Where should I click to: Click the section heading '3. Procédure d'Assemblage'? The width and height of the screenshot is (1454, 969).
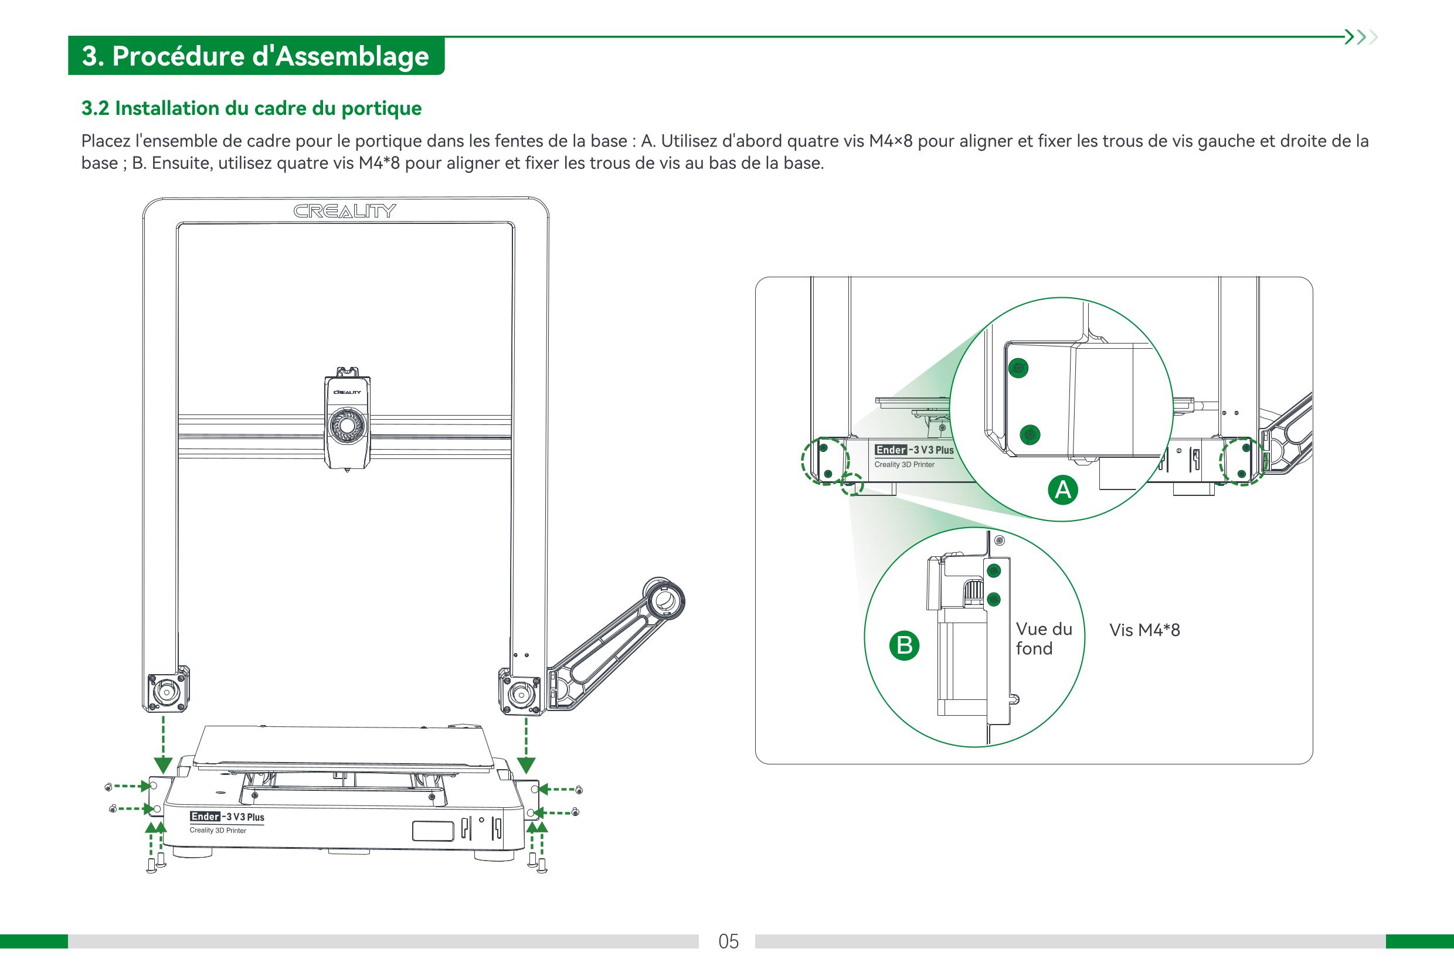tap(255, 56)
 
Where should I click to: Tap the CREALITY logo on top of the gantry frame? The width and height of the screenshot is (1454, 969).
tap(344, 212)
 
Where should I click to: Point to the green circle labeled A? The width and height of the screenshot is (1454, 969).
tap(1062, 489)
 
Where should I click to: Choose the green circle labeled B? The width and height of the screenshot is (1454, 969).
tap(904, 645)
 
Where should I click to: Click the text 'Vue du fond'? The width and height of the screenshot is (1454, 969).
tap(1044, 638)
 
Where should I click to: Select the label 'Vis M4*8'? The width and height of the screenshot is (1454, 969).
tap(1144, 630)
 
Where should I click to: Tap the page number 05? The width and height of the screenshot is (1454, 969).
tap(729, 941)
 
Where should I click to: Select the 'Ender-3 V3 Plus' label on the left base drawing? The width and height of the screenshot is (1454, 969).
tap(227, 817)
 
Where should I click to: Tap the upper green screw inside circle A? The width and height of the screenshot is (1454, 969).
tap(1018, 369)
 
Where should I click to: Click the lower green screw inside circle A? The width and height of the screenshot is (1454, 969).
tap(1030, 434)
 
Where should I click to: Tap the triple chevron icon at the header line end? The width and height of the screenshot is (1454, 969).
tap(1361, 37)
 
